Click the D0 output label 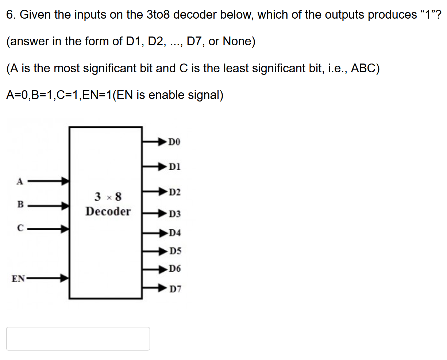coord(174,142)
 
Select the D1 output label coord(174,167)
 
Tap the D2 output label coord(174,192)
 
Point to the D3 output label coord(174,214)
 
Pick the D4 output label coord(174,233)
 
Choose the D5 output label coord(175,251)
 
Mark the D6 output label coord(174,269)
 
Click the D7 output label coord(175,289)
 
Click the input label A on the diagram coord(20,181)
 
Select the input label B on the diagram coord(20,204)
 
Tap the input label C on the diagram coord(20,229)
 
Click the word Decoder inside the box coord(108,211)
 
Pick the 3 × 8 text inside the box coord(108,197)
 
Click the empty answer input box coord(78,338)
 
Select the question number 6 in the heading coord(11,15)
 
